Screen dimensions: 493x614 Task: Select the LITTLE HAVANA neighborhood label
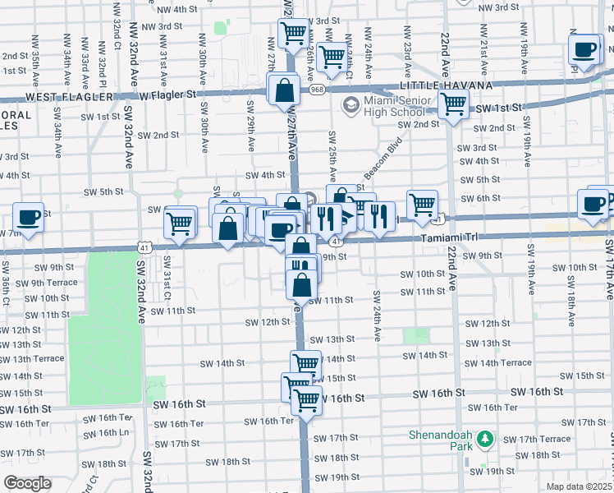pyautogui.click(x=446, y=85)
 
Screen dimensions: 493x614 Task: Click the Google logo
pyautogui.click(x=27, y=483)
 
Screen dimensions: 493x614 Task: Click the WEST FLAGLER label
pyautogui.click(x=70, y=96)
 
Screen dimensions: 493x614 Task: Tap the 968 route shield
pyautogui.click(x=318, y=90)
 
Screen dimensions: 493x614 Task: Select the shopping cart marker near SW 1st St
pyautogui.click(x=453, y=105)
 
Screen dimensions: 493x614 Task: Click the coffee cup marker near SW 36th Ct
pyautogui.click(x=29, y=218)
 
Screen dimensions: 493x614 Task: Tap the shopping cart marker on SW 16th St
pyautogui.click(x=306, y=401)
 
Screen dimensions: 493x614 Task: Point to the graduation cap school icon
pyautogui.click(x=351, y=105)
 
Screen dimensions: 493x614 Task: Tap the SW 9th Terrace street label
pyautogui.click(x=52, y=283)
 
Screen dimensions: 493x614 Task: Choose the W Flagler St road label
pyautogui.click(x=168, y=94)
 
